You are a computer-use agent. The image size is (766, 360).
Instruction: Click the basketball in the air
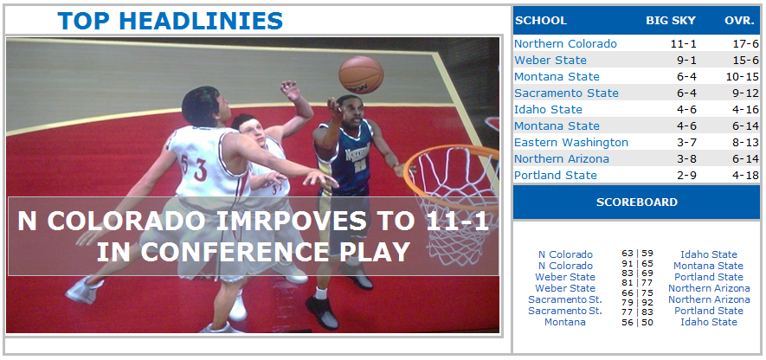pyautogui.click(x=361, y=74)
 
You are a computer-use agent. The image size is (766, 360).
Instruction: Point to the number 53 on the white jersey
pyautogui.click(x=194, y=168)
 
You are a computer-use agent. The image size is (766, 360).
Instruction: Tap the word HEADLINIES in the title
pyautogui.click(x=201, y=21)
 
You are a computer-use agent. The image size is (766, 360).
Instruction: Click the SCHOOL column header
pyautogui.click(x=541, y=21)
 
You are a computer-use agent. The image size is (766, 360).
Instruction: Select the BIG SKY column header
pyautogui.click(x=671, y=21)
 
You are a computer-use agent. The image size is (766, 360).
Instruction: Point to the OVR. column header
pyautogui.click(x=740, y=21)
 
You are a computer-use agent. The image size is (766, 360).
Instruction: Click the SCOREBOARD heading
pyautogui.click(x=636, y=202)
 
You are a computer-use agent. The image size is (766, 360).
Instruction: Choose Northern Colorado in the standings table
pyautogui.click(x=565, y=44)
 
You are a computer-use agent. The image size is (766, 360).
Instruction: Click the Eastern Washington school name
pyautogui.click(x=571, y=143)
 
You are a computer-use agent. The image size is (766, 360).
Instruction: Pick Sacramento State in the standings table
pyautogui.click(x=566, y=93)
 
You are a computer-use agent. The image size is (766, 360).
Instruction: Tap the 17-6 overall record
pyautogui.click(x=745, y=44)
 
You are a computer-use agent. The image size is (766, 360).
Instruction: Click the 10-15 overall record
pyautogui.click(x=742, y=77)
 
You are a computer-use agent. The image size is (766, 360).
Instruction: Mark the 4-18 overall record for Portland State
pyautogui.click(x=745, y=176)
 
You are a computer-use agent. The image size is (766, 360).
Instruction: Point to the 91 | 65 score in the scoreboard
pyautogui.click(x=637, y=265)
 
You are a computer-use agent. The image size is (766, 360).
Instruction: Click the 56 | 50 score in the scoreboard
pyautogui.click(x=637, y=323)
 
